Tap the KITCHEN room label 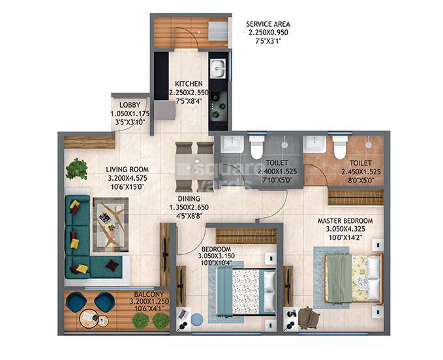pyautogui.click(x=188, y=84)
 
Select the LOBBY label pyautogui.click(x=130, y=105)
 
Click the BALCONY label pyautogui.click(x=132, y=293)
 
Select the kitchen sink pyautogui.click(x=217, y=67)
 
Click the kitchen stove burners pyautogui.click(x=217, y=108)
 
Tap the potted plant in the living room pyautogui.click(x=76, y=169)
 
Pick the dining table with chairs pyautogui.click(x=194, y=166)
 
